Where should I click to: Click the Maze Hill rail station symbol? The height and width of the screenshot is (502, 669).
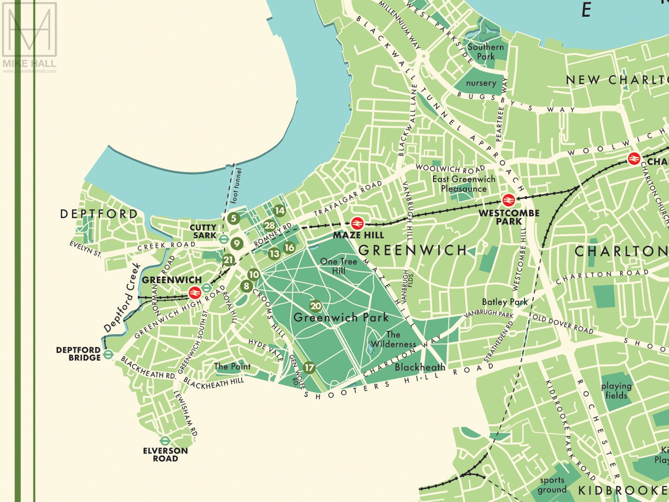click(357, 223)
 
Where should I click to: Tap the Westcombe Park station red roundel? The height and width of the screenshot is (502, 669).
click(508, 200)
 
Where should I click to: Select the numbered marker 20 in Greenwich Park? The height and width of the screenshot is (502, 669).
click(316, 306)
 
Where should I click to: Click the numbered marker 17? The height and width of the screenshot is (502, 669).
click(309, 368)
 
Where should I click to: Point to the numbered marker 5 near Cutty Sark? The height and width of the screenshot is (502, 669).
click(233, 218)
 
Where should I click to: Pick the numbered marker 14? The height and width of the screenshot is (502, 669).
click(279, 210)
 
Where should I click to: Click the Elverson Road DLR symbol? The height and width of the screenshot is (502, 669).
click(165, 441)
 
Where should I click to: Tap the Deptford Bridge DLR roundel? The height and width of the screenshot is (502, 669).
click(108, 354)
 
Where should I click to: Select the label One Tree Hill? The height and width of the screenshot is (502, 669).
click(338, 266)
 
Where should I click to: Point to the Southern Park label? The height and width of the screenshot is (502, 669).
click(485, 51)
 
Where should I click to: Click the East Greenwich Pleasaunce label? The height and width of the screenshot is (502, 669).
click(463, 184)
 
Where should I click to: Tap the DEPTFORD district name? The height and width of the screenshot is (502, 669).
click(99, 214)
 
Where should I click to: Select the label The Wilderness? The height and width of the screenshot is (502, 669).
click(393, 339)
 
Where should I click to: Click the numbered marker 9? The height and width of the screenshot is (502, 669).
click(237, 243)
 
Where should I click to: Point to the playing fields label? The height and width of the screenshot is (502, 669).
click(616, 391)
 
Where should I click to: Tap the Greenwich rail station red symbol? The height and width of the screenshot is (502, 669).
click(194, 291)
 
